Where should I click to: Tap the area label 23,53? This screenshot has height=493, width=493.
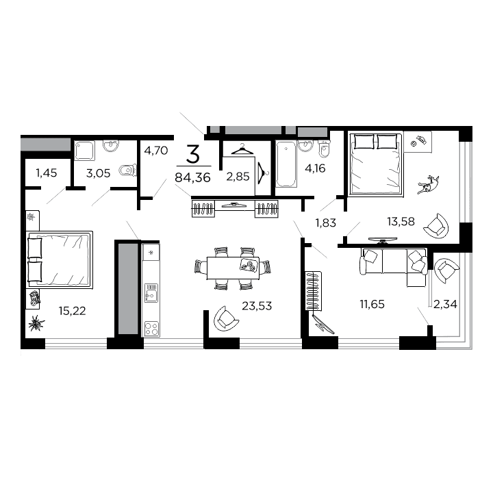[x=257, y=306]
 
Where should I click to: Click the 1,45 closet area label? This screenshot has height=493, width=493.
[x=47, y=173]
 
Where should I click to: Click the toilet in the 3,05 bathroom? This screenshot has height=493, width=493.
[x=125, y=170]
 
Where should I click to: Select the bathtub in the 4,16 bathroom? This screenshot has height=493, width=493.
[x=286, y=164]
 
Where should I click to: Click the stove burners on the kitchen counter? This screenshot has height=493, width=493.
[x=150, y=328]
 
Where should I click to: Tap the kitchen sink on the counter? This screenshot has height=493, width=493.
[x=150, y=295]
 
